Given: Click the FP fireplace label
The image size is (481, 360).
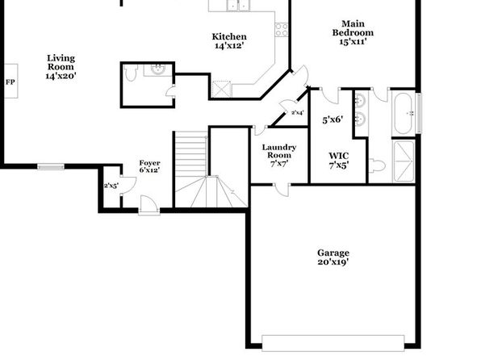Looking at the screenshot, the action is coord(10,82).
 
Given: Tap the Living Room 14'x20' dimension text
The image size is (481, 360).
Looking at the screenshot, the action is coord(61,76).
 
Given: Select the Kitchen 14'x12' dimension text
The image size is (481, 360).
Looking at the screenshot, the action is coord(229,46).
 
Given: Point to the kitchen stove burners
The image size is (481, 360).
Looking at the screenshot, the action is coord(282,30).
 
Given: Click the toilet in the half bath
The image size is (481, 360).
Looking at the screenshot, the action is coord(131,73).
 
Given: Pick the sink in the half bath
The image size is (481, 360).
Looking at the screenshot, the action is coord(159,69).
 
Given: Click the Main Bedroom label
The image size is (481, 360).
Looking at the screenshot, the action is coord(353,28).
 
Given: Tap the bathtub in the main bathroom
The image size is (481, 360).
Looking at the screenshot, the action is coord(404,113).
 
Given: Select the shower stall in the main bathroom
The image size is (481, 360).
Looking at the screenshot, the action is coord(404,161).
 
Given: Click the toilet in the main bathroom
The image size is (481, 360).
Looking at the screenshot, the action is coord(377,165).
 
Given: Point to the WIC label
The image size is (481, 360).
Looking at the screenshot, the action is coord(339,156).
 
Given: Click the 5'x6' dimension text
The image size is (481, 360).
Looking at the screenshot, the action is coord(333,119).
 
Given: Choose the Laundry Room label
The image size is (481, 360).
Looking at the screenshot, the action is coord(279,151).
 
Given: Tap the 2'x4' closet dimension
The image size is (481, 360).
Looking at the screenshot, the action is coord(298,113).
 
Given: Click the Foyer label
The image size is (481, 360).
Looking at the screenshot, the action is coord(149,163).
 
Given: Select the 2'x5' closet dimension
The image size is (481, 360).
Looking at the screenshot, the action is coord(111,186).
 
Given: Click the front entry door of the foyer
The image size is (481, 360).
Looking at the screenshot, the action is coord(149,204).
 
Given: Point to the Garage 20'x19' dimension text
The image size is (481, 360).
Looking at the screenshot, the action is coord(333,262).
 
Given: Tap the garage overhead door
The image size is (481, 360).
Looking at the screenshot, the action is coord(333,343).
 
